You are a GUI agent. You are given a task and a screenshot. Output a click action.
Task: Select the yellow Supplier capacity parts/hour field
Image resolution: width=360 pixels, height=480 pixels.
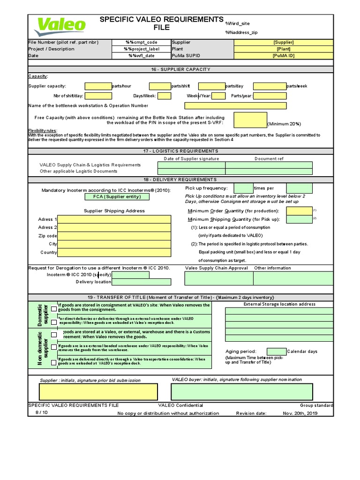(98, 86)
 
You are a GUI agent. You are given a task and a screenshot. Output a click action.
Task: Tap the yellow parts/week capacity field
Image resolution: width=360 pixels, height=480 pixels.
(270, 86)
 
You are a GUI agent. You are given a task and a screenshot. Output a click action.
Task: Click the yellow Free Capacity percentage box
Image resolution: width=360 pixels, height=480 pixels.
(250, 120)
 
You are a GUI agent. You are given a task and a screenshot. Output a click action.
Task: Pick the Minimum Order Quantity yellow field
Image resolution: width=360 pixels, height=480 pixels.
(299, 211)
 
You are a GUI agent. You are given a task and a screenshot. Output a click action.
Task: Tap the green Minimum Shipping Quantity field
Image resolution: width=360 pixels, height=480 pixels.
(299, 219)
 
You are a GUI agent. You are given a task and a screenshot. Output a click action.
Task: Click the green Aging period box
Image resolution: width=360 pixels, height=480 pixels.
(276, 352)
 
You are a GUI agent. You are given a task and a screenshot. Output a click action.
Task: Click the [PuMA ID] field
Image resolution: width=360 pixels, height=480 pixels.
(283, 55)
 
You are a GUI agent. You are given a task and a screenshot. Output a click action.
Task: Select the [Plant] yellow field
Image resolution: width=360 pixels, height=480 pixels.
(283, 49)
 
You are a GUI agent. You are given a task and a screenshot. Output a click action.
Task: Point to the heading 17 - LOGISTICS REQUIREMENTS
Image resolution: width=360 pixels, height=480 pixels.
(180, 151)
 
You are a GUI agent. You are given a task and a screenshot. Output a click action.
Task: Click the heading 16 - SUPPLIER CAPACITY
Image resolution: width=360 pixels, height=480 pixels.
(180, 69)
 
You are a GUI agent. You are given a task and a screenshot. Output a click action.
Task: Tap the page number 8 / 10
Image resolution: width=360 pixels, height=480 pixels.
(42, 412)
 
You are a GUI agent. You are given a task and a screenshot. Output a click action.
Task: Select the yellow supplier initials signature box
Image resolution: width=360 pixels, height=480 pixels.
(98, 391)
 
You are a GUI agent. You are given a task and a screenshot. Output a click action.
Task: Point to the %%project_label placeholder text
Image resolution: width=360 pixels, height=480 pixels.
(142, 49)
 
